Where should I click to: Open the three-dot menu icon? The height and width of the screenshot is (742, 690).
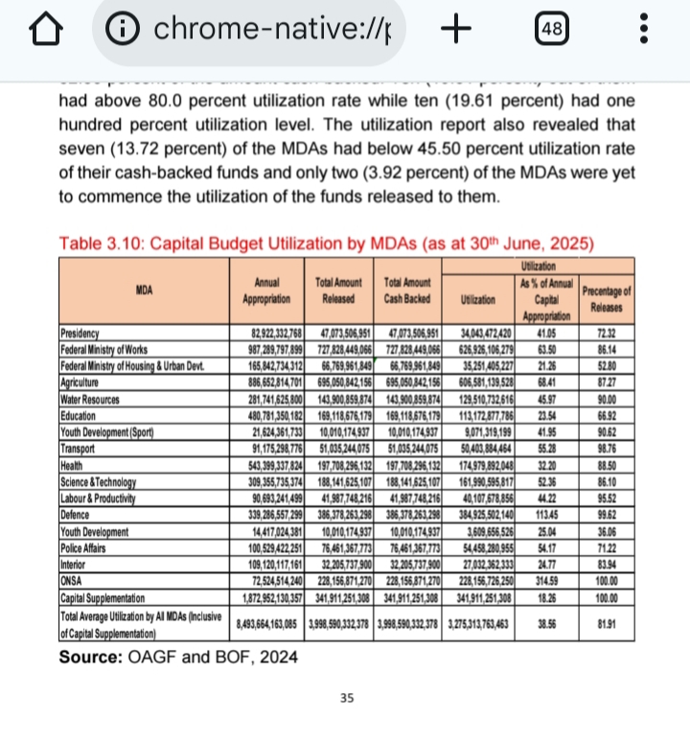pyautogui.click(x=643, y=31)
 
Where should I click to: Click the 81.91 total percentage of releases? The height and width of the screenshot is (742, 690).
pyautogui.click(x=603, y=626)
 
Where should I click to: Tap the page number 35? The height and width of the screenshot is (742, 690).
pyautogui.click(x=348, y=697)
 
